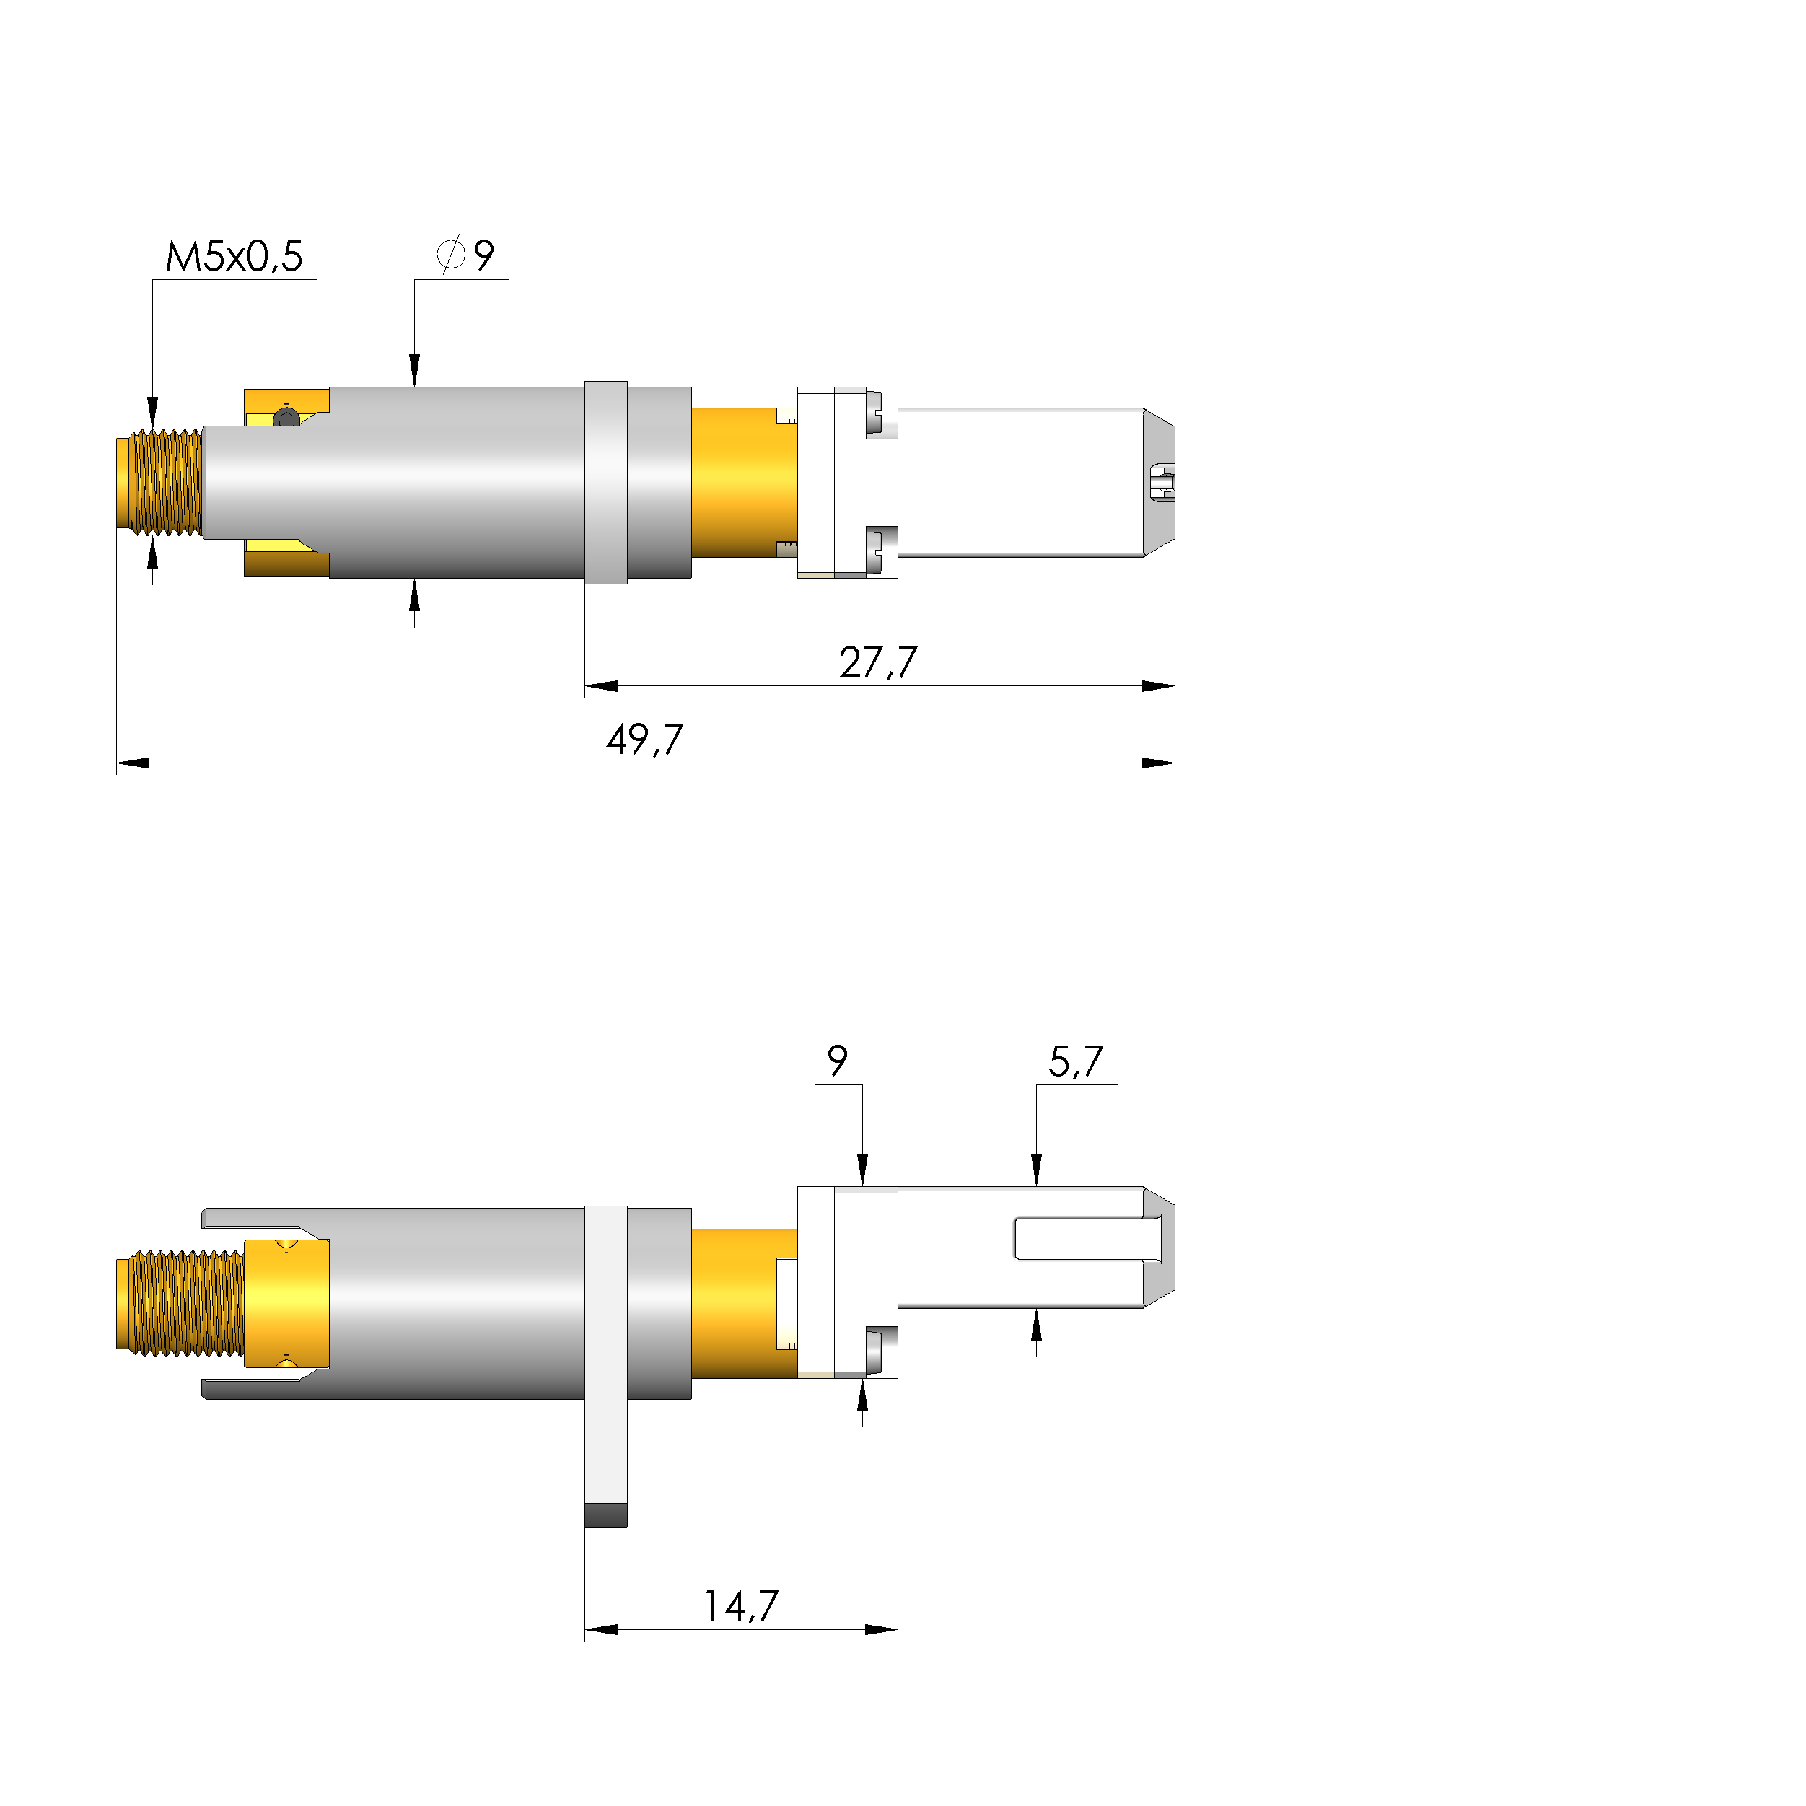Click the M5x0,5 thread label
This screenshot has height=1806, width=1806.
[x=234, y=256]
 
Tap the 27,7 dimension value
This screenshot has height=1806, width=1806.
[x=878, y=663]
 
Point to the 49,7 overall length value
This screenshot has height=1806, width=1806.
[x=645, y=740]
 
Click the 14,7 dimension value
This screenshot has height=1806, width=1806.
[x=740, y=1606]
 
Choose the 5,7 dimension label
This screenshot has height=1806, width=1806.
[x=1075, y=1062]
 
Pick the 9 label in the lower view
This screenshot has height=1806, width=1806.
[x=838, y=1061]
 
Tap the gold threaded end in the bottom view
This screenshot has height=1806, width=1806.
[x=180, y=1304]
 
